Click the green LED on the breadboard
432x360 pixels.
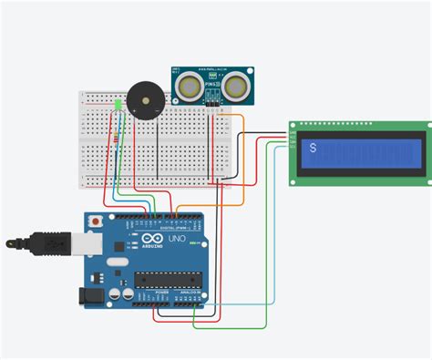tap(118, 106)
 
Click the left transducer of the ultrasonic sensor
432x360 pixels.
tap(190, 85)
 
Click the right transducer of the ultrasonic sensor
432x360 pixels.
tap(238, 84)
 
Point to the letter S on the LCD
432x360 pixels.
tap(314, 149)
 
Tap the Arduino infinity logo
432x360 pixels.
tap(150, 242)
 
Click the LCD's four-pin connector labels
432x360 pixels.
tap(293, 139)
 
